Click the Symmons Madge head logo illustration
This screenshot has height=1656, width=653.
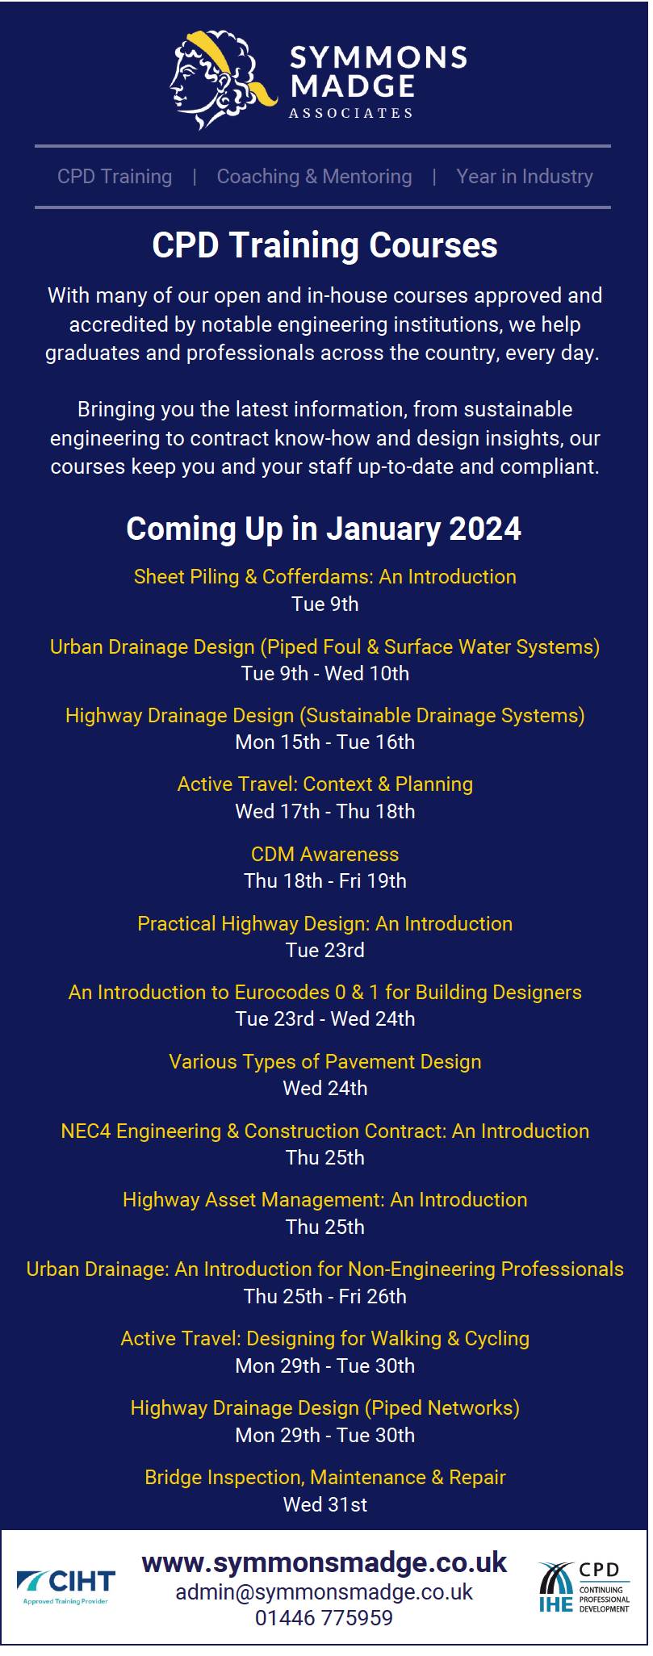[x=223, y=79]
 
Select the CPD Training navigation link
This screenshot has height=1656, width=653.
[x=115, y=177]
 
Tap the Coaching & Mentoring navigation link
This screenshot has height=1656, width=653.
[x=314, y=177]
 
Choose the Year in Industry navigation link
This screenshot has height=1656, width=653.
[x=525, y=177]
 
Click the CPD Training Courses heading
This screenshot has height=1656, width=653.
[x=325, y=245]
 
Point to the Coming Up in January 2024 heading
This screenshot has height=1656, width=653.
[x=324, y=529]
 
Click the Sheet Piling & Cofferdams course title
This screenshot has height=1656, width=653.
[x=325, y=576]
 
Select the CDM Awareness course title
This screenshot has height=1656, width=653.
[x=325, y=854]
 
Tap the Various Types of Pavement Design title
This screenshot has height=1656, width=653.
[x=325, y=1062]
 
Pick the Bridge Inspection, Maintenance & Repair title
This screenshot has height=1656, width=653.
[x=325, y=1478]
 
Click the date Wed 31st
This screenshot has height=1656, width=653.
[x=325, y=1505]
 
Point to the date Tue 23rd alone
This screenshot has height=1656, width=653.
[x=325, y=950]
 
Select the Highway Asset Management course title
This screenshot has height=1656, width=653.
[x=325, y=1200]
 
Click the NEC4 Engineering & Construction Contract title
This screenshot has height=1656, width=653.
[x=325, y=1131]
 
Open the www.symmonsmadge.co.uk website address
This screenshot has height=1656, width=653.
[x=324, y=1562]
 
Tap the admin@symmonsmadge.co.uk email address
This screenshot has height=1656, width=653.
[x=324, y=1591]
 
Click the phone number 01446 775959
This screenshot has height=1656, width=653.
[x=324, y=1617]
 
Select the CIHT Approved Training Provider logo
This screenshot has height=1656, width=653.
[x=66, y=1586]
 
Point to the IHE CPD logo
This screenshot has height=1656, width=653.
[x=584, y=1587]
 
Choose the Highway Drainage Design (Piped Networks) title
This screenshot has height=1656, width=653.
[x=325, y=1408]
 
